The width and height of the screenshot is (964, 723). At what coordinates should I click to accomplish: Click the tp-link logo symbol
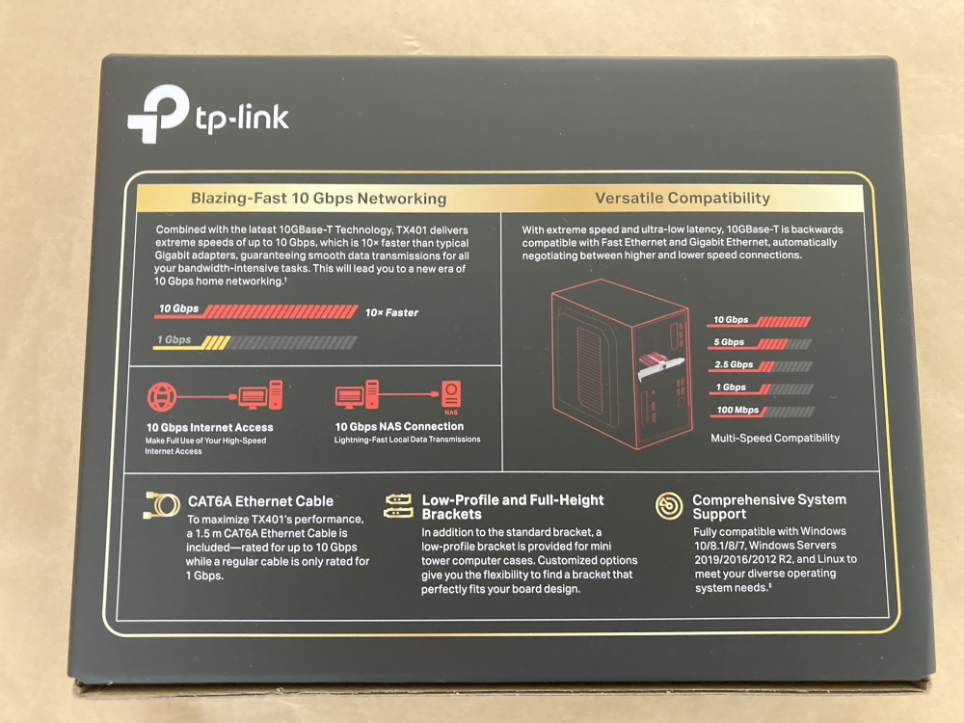click(158, 114)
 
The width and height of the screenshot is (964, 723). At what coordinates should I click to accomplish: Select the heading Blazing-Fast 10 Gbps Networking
click(318, 199)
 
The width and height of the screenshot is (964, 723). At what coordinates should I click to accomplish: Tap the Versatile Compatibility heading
click(682, 198)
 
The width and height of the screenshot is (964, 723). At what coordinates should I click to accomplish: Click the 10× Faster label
click(391, 312)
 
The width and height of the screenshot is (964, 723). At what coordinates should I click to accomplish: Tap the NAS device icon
click(450, 395)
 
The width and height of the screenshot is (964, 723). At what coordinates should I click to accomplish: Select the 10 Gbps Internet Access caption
click(209, 427)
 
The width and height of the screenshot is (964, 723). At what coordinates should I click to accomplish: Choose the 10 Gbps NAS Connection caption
click(399, 426)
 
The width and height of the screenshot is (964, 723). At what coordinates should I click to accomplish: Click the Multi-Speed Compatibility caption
click(775, 438)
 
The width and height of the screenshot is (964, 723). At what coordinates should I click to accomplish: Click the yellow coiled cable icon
click(161, 504)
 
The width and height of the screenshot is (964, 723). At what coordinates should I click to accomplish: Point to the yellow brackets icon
click(397, 504)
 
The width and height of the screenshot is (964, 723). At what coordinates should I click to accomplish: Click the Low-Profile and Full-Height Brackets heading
click(513, 507)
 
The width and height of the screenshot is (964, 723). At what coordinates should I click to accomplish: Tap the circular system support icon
click(668, 505)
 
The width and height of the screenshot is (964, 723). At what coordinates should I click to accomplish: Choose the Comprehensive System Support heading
click(768, 507)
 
